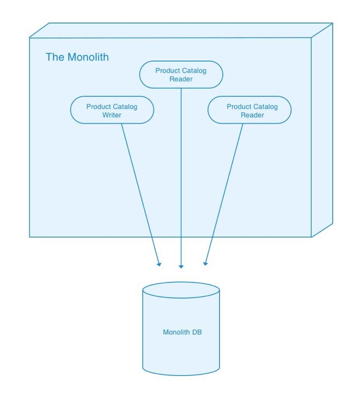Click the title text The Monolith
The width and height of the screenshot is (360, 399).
(77, 57)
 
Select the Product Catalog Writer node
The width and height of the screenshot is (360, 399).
(112, 110)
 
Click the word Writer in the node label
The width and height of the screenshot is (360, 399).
(112, 115)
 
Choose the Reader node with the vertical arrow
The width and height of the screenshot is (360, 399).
(181, 75)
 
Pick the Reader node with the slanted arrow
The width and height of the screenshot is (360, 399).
(249, 110)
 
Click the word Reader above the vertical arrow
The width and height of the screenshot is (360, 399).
(181, 79)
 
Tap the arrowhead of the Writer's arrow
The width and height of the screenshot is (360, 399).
(159, 264)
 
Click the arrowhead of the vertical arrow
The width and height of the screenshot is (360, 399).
(181, 266)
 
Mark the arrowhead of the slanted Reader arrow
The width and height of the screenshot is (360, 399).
(205, 263)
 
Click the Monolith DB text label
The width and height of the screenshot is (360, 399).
(182, 332)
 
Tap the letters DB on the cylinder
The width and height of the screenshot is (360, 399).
(197, 332)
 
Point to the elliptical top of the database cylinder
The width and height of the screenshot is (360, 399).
(181, 290)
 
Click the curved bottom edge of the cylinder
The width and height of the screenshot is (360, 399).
(181, 374)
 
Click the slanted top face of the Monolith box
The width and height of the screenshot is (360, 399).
(180, 31)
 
